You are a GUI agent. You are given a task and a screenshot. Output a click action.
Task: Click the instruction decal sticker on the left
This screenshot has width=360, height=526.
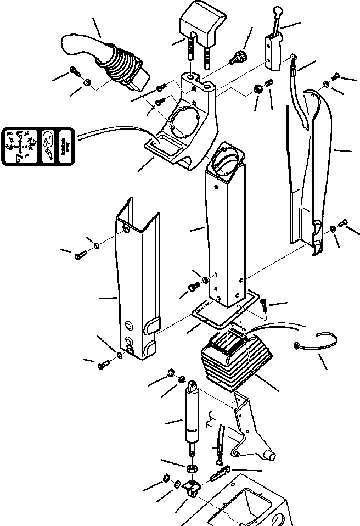[x=39, y=146]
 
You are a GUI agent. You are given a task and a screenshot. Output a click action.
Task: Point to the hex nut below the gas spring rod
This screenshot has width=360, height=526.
[x=193, y=468]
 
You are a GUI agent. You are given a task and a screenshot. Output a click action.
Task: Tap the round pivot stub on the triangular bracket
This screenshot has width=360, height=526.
[x=271, y=455]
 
